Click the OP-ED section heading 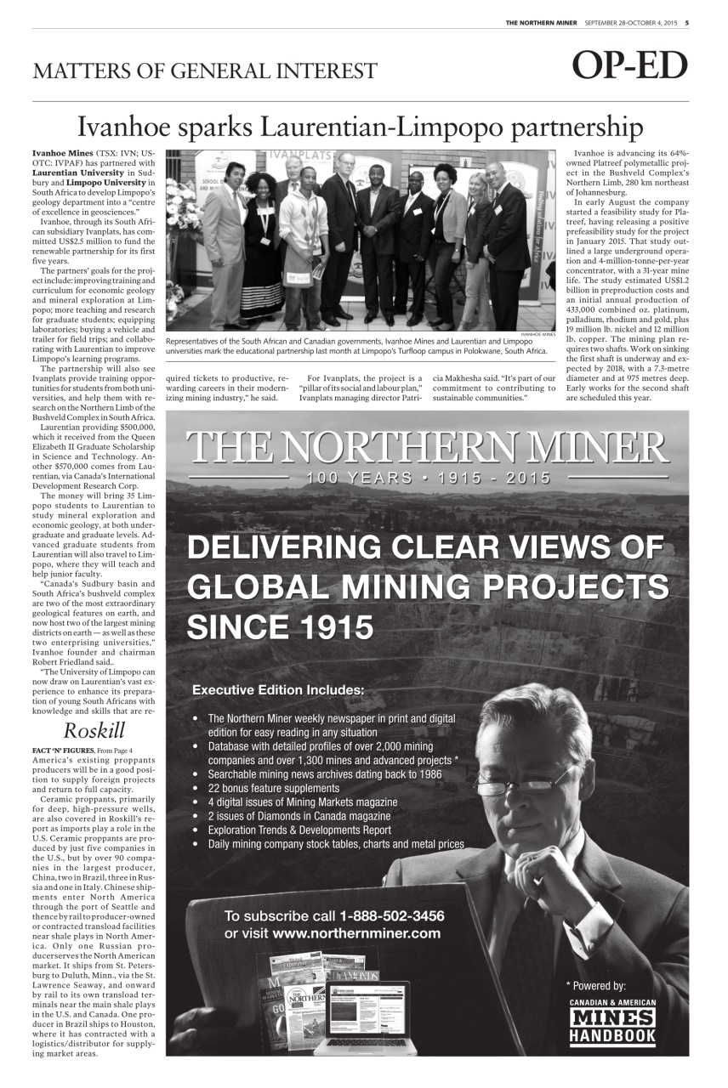tap(628, 66)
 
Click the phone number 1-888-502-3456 tap(392, 916)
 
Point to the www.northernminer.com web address tap(356, 933)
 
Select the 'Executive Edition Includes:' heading tap(278, 689)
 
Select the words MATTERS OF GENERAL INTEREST tap(205, 71)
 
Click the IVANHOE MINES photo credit tap(537, 335)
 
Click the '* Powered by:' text tap(595, 986)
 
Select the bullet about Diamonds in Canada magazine tap(299, 816)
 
